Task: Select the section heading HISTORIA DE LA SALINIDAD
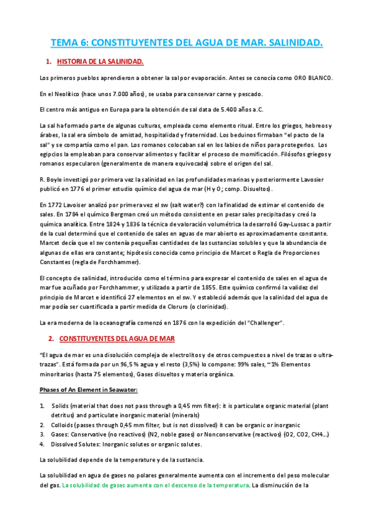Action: click(x=100, y=62)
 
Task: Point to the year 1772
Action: click(x=54, y=204)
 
